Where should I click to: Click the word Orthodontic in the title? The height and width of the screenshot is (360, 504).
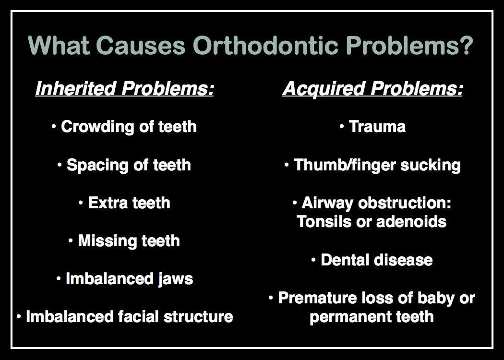(265, 45)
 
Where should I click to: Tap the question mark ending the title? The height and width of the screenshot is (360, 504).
(466, 45)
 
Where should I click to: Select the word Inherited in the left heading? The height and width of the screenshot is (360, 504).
(75, 88)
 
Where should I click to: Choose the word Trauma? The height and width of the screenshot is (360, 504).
(377, 126)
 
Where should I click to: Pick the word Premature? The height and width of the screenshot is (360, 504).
(318, 298)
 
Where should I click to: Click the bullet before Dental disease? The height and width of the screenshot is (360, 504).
(314, 260)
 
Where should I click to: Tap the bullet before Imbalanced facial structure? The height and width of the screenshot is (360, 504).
(19, 317)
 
